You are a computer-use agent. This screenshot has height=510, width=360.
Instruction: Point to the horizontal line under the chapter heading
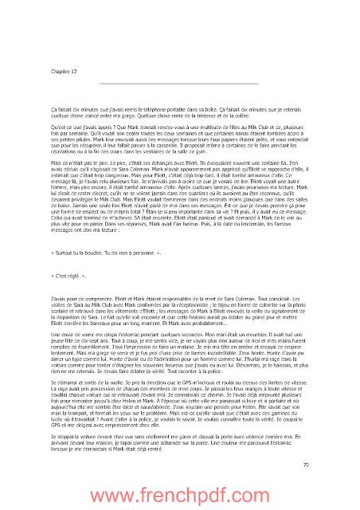coord(180,83)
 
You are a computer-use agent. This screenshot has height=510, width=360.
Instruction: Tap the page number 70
coord(307,465)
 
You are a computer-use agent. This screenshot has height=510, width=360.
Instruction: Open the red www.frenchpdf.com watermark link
coord(180,492)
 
